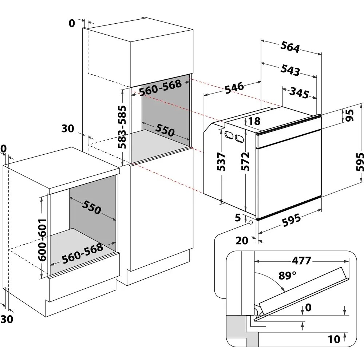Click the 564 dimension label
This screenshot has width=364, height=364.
click(290, 47)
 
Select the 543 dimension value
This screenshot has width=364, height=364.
click(290, 70)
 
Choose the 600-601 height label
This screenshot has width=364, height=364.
click(42, 240)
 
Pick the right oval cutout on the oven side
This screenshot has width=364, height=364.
click(240, 138)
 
